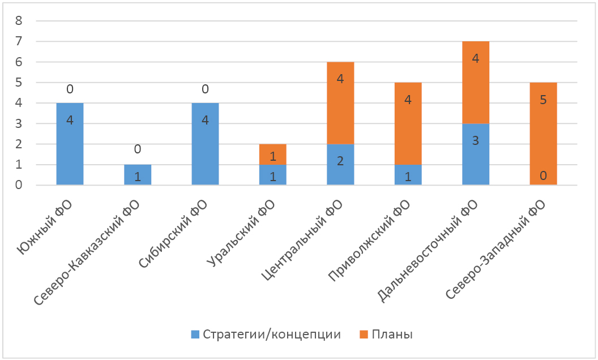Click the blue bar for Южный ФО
(70, 144)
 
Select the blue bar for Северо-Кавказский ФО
(138, 175)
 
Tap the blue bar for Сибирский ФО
(205, 144)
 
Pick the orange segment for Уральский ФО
(272, 155)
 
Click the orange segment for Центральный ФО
(340, 103)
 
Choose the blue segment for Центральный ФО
(340, 165)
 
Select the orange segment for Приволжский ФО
(408, 123)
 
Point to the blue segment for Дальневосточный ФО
(476, 155)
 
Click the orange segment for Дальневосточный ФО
(476, 83)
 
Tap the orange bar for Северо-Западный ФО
(543, 134)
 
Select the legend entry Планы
(385, 334)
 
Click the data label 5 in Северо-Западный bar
(543, 100)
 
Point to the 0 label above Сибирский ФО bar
(205, 89)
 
